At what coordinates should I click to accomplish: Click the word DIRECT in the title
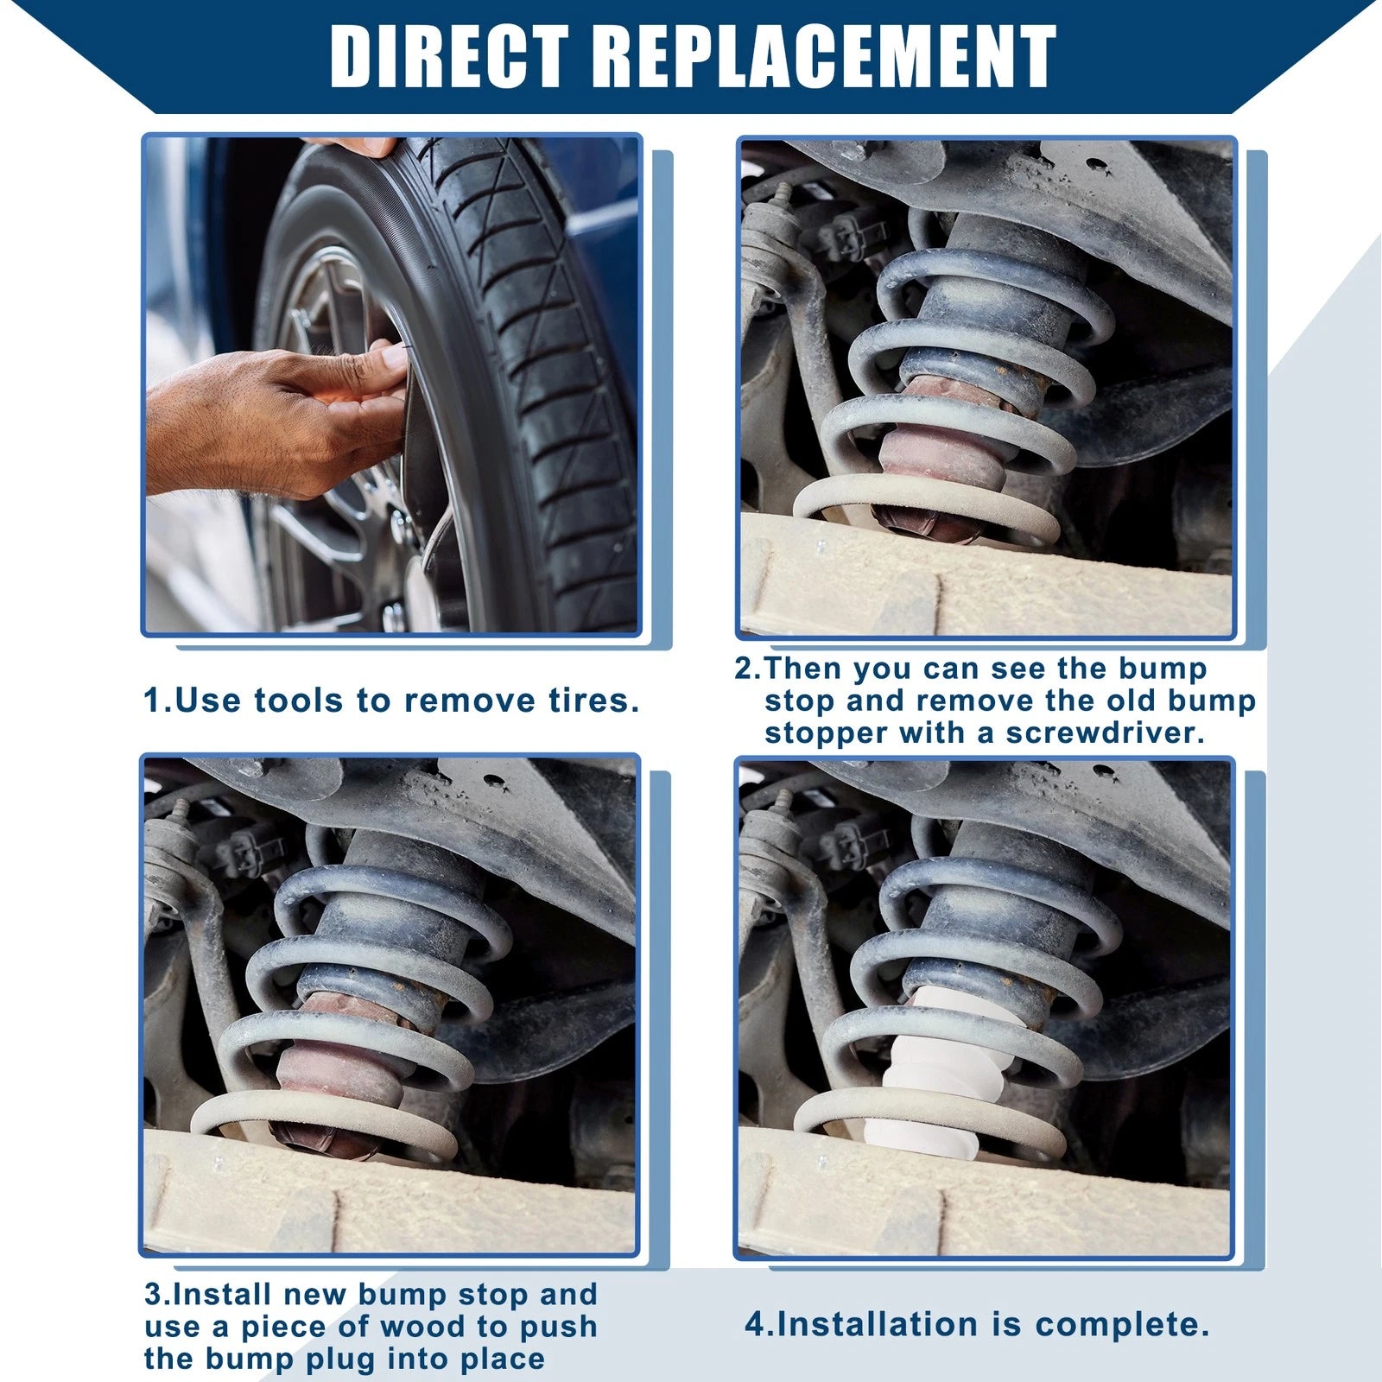449,57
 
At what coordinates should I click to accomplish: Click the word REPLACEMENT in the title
825,57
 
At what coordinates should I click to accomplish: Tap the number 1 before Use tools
153,701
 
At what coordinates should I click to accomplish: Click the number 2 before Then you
744,669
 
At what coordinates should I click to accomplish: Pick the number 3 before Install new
154,1294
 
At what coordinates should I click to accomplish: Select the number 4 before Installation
755,1324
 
